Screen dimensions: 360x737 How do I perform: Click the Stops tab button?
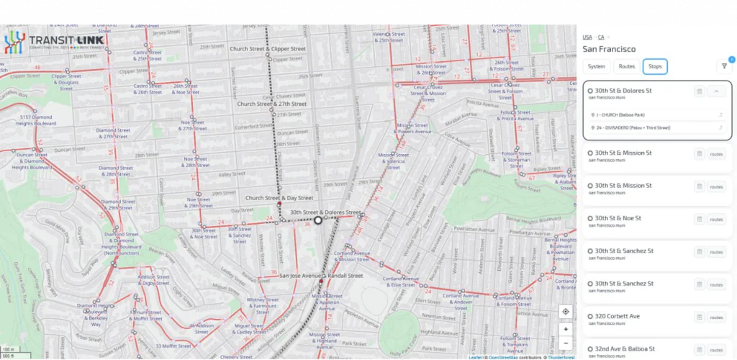(655, 66)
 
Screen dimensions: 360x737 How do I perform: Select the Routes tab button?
(627, 66)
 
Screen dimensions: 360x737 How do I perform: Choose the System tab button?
(596, 66)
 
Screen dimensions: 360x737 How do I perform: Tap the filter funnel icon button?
(724, 66)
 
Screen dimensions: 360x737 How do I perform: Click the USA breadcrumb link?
(587, 37)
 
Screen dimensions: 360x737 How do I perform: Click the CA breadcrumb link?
(601, 37)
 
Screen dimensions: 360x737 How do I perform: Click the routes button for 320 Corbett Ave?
(716, 318)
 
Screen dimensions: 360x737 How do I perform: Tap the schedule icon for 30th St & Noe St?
(699, 220)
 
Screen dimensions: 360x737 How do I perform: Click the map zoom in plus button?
(566, 329)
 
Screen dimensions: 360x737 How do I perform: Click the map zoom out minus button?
(566, 343)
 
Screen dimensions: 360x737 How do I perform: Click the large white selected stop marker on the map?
(318, 220)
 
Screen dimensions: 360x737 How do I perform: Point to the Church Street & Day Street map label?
(279, 197)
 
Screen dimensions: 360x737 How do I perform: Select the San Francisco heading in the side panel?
(609, 49)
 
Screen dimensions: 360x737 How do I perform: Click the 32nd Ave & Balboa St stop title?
(624, 349)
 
